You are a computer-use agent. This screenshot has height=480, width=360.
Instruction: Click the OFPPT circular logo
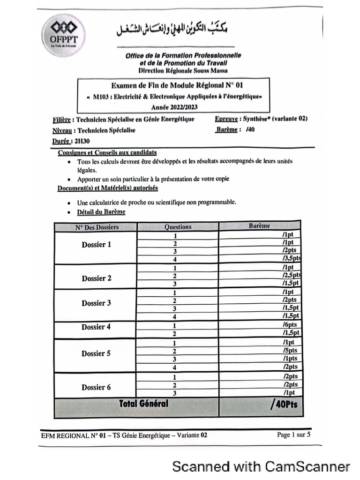[60, 36]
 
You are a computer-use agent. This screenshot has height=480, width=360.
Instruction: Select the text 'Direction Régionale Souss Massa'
[183, 70]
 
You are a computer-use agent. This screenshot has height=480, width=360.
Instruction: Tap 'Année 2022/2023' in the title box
[174, 107]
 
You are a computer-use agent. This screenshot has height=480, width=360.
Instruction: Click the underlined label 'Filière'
[63, 120]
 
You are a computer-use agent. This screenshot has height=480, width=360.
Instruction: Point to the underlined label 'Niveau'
[63, 130]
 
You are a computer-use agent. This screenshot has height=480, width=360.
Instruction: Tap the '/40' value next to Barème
[250, 130]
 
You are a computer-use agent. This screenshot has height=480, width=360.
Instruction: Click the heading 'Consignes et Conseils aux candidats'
[107, 153]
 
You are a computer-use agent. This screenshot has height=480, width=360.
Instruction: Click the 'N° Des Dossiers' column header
[97, 227]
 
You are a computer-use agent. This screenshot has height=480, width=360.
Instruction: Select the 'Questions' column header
[178, 227]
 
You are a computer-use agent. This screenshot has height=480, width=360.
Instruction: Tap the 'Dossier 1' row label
[97, 245]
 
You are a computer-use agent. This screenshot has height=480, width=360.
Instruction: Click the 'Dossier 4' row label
[97, 327]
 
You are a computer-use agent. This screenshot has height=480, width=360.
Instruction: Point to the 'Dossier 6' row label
[97, 387]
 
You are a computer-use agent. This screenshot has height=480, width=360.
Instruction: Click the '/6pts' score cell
[290, 325]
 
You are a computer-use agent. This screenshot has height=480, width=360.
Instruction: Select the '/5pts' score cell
[290, 351]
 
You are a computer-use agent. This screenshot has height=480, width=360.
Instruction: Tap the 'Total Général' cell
[143, 404]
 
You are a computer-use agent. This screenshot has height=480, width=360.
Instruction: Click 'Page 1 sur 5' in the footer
[293, 435]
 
